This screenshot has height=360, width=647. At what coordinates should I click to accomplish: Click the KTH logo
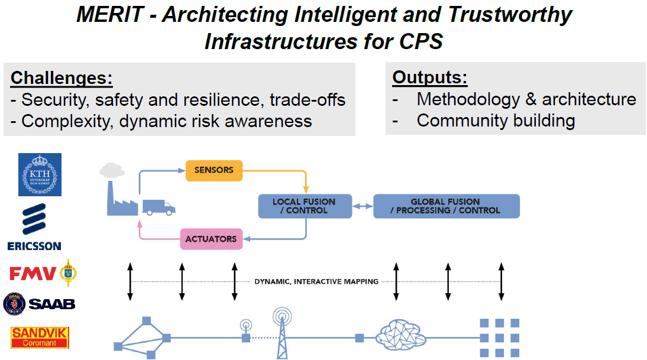click(x=40, y=174)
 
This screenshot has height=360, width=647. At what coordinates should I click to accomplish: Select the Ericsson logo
click(x=34, y=226)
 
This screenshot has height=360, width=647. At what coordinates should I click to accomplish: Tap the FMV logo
click(x=43, y=273)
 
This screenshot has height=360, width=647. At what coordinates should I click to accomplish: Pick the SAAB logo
click(x=39, y=304)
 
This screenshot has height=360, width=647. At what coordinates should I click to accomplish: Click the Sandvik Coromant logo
click(x=40, y=338)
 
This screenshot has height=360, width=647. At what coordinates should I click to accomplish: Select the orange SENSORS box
click(x=214, y=170)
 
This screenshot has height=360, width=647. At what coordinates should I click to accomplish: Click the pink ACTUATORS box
click(x=211, y=239)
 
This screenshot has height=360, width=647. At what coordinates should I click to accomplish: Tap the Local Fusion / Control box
click(x=305, y=206)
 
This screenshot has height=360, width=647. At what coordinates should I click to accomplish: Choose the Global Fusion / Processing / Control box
click(x=446, y=206)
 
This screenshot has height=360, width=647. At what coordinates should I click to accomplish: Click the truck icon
click(x=158, y=206)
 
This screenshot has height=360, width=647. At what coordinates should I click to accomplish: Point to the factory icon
click(x=121, y=192)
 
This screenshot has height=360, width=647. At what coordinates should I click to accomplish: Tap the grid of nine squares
click(x=499, y=338)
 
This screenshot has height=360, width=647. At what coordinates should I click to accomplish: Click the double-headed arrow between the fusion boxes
click(x=363, y=206)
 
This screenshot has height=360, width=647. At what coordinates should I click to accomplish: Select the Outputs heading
click(x=429, y=77)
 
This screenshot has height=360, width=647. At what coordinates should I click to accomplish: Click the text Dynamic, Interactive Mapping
click(x=316, y=281)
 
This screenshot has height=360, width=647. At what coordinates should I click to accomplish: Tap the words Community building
click(x=496, y=121)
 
